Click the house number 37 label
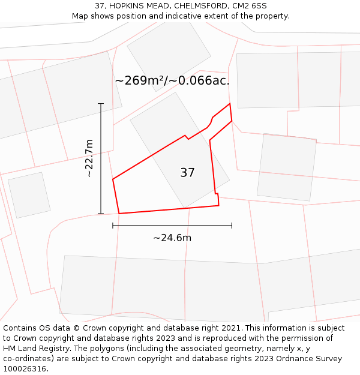[x=187, y=173]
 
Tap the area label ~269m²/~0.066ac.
[x=172, y=80]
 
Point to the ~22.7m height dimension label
[x=89, y=158]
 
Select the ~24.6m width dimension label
[x=172, y=238]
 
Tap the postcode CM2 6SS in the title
[x=250, y=6]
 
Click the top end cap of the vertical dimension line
[x=101, y=104]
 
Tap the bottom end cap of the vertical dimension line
[x=101, y=213]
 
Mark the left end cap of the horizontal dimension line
[x=113, y=226]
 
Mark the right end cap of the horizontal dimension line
[x=232, y=226]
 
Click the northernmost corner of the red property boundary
[x=230, y=104]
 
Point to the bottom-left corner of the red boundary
[x=119, y=213]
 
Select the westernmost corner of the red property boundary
[x=113, y=179]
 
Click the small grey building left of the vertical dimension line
[x=29, y=195]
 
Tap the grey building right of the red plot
[x=287, y=166]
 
